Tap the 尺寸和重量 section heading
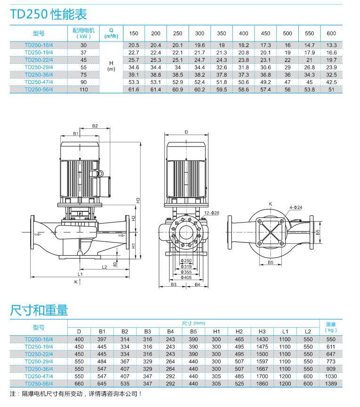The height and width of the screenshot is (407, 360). pyautogui.click(x=39, y=310)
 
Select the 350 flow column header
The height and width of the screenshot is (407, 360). pyautogui.click(x=221, y=33)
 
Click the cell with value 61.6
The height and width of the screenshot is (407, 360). pyautogui.click(x=134, y=89)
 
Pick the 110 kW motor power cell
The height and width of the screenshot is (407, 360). pyautogui.click(x=83, y=89)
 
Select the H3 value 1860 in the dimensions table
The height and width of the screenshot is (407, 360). pyautogui.click(x=262, y=384)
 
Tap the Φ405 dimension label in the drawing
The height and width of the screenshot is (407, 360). pyautogui.click(x=187, y=278)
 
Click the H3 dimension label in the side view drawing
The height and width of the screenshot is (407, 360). pyautogui.click(x=138, y=200)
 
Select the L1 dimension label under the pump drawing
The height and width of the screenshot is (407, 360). pyautogui.click(x=80, y=274)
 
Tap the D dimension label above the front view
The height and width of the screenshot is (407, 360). pyautogui.click(x=186, y=133)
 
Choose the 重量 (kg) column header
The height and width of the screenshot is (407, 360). pyautogui.click(x=331, y=327)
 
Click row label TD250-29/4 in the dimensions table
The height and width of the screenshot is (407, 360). pyautogui.click(x=39, y=362)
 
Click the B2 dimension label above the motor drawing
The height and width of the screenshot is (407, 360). pyautogui.click(x=95, y=126)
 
